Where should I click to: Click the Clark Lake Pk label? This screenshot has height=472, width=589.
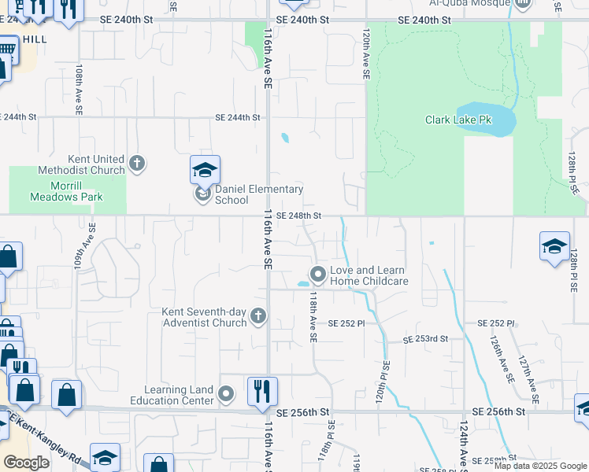click(458, 120)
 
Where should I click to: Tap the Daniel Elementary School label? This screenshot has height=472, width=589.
click(248, 194)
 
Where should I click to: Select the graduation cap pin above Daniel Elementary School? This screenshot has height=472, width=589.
click(205, 170)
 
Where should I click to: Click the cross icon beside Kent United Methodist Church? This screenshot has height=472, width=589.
click(137, 164)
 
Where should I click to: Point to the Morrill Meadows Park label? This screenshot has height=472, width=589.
click(66, 191)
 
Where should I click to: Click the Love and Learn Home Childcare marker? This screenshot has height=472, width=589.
click(318, 275)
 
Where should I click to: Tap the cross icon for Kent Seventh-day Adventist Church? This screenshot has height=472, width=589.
click(257, 316)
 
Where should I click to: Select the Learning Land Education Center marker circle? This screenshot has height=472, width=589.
click(226, 394)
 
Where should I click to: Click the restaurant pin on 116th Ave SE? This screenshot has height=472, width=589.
click(261, 390)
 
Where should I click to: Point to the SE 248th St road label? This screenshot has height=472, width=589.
click(299, 216)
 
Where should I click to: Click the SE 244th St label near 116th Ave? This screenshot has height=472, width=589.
click(238, 117)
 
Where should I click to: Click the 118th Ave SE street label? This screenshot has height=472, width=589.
click(313, 317)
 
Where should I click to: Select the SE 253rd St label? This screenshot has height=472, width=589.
click(425, 339)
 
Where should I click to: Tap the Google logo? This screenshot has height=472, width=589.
click(27, 463)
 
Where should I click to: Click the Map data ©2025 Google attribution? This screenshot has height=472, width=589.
click(540, 466)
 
